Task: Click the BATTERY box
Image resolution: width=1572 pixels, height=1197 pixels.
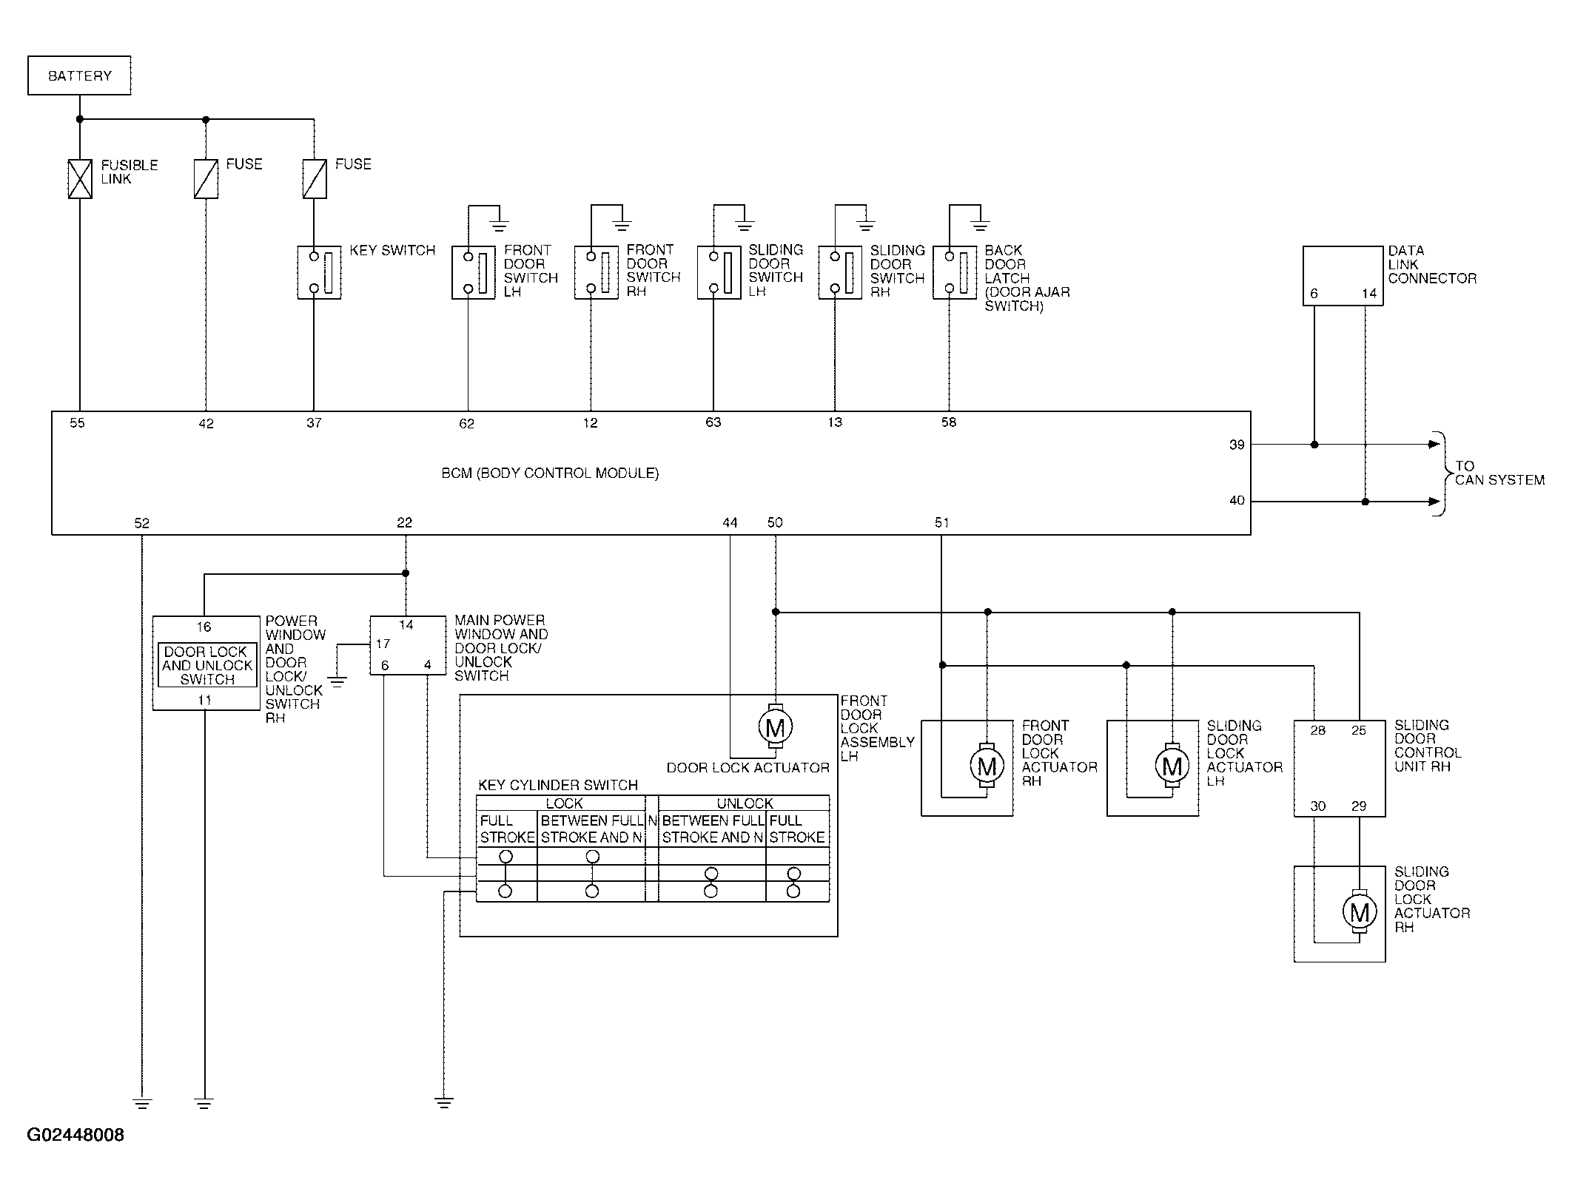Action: [x=79, y=75]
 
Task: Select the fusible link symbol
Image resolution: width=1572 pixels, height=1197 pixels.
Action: [x=80, y=179]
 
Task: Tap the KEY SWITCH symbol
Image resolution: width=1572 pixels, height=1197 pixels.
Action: [x=319, y=273]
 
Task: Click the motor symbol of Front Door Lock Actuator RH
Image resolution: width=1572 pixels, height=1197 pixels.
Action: [x=987, y=766]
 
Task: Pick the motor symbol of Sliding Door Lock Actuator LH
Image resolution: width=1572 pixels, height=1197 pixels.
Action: [x=1172, y=766]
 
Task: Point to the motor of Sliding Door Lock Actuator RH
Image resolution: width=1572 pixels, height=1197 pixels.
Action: [x=1359, y=912]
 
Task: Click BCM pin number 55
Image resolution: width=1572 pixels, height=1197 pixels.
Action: [x=77, y=423]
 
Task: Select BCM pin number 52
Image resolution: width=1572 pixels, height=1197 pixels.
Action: [x=141, y=523]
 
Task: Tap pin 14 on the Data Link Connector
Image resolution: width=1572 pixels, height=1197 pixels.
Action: [x=1369, y=294]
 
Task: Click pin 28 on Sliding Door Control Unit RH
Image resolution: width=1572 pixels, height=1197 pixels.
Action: [x=1317, y=731]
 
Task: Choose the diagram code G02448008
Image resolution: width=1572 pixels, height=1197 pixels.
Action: [x=75, y=1135]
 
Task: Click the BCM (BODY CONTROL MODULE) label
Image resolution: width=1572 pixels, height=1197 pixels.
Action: [x=550, y=473]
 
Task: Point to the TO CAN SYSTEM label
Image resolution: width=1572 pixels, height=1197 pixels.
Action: [x=1499, y=473]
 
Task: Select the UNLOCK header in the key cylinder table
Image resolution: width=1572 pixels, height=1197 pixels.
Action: [x=745, y=803]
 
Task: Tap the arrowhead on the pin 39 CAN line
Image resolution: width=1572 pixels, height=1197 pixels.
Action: [x=1434, y=445]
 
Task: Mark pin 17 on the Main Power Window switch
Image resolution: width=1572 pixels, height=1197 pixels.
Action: [x=383, y=644]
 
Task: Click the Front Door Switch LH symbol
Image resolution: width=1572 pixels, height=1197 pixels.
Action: [x=474, y=273]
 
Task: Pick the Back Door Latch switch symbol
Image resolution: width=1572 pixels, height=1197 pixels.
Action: [x=955, y=273]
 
